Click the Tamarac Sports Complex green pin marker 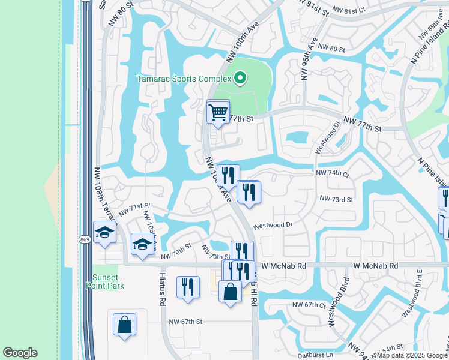coord(240,78)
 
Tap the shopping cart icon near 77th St coord(218,111)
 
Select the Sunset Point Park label coord(108,281)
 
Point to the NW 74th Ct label coord(333,173)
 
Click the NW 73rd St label coord(336,198)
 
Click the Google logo coord(20,353)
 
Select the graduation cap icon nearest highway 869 coord(104,233)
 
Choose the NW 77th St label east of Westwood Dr coord(362,128)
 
